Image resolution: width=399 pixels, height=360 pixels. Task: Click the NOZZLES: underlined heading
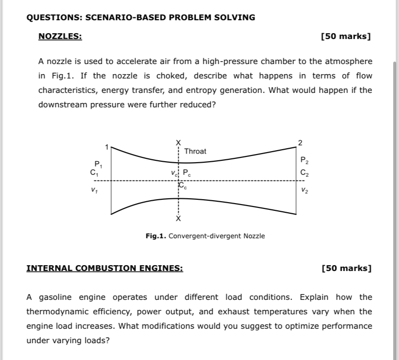[60, 37]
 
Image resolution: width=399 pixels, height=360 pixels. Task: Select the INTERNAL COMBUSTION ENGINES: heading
[105, 268]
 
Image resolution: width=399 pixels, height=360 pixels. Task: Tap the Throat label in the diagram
[195, 151]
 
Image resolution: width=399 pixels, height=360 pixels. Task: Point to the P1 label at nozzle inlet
[98, 164]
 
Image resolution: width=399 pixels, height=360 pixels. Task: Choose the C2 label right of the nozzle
[304, 172]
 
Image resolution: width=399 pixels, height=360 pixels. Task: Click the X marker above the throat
[178, 141]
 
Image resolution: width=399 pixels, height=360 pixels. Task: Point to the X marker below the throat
[178, 219]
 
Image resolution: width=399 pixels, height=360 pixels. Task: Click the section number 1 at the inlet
[107, 146]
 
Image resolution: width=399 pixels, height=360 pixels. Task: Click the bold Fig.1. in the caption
[156, 236]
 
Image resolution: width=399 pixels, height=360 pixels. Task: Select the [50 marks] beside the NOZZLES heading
[346, 37]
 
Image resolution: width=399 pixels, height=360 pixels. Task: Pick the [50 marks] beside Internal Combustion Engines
[346, 268]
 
